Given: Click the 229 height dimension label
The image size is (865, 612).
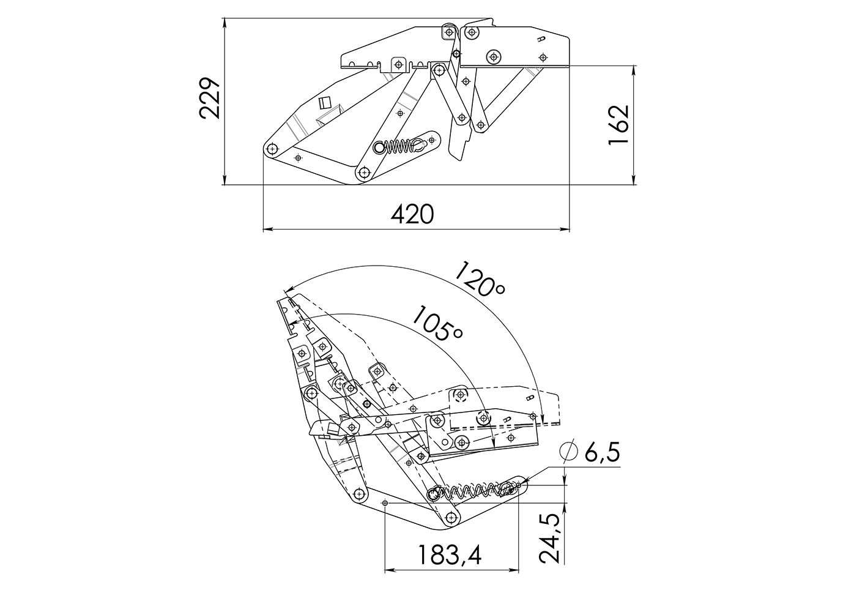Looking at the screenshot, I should click(209, 99).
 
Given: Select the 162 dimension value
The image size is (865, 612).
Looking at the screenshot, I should click(618, 125).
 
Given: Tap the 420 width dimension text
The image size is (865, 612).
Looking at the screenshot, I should click(412, 215).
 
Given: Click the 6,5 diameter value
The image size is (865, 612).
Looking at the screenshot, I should click(602, 453).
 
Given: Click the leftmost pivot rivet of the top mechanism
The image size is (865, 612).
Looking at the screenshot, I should click(272, 149).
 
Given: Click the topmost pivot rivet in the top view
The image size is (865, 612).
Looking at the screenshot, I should click(450, 32).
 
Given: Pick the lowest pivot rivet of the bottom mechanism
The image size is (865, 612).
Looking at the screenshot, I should click(451, 518).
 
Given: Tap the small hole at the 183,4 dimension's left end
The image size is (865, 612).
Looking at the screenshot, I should click(385, 503).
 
